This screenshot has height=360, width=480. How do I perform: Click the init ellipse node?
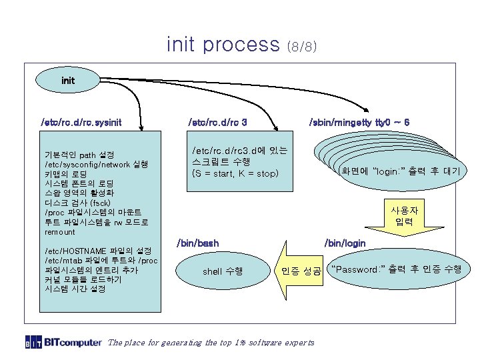click(x=68, y=80)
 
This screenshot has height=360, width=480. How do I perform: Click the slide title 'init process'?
click(x=223, y=44)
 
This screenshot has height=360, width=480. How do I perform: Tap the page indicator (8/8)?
click(x=301, y=47)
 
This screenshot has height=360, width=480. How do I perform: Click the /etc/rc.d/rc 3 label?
click(x=218, y=123)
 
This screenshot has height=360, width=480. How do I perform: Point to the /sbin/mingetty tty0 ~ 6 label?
click(x=359, y=123)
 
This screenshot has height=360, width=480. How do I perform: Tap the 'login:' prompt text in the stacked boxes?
click(x=400, y=171)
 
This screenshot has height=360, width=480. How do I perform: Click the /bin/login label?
click(x=345, y=243)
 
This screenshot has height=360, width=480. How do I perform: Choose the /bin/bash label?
click(x=197, y=243)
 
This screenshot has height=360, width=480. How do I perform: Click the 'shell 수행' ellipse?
click(x=223, y=271)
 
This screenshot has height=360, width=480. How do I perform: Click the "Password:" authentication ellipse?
click(x=397, y=269)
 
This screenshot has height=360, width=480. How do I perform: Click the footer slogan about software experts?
click(x=211, y=343)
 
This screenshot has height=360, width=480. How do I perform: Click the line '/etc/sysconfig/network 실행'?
click(x=97, y=163)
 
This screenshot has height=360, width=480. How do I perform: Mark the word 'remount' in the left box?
click(x=60, y=232)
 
